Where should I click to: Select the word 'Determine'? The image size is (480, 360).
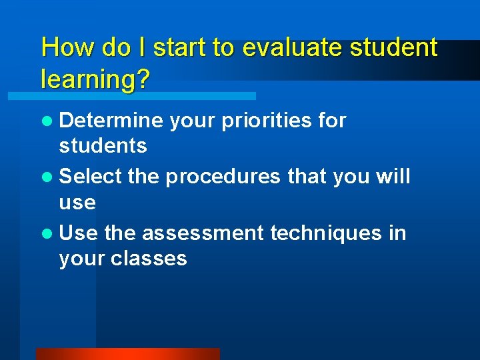click(111, 121)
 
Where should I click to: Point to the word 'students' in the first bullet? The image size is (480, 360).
click(103, 146)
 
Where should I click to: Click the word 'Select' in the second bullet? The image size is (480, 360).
click(91, 177)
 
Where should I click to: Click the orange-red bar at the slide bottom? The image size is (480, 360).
click(127, 354)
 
